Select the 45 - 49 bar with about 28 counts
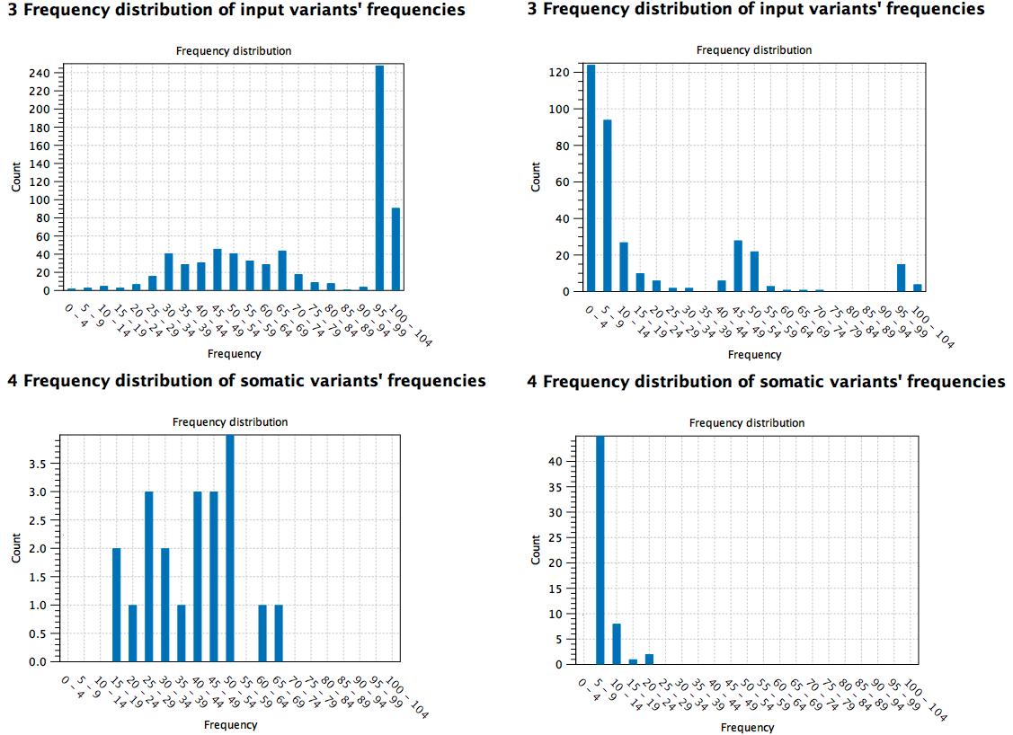point(738,266)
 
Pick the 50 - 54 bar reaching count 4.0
point(230,548)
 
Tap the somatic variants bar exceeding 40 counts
point(600,550)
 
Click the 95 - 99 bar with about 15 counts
point(901,278)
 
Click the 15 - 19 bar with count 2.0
point(116,605)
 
